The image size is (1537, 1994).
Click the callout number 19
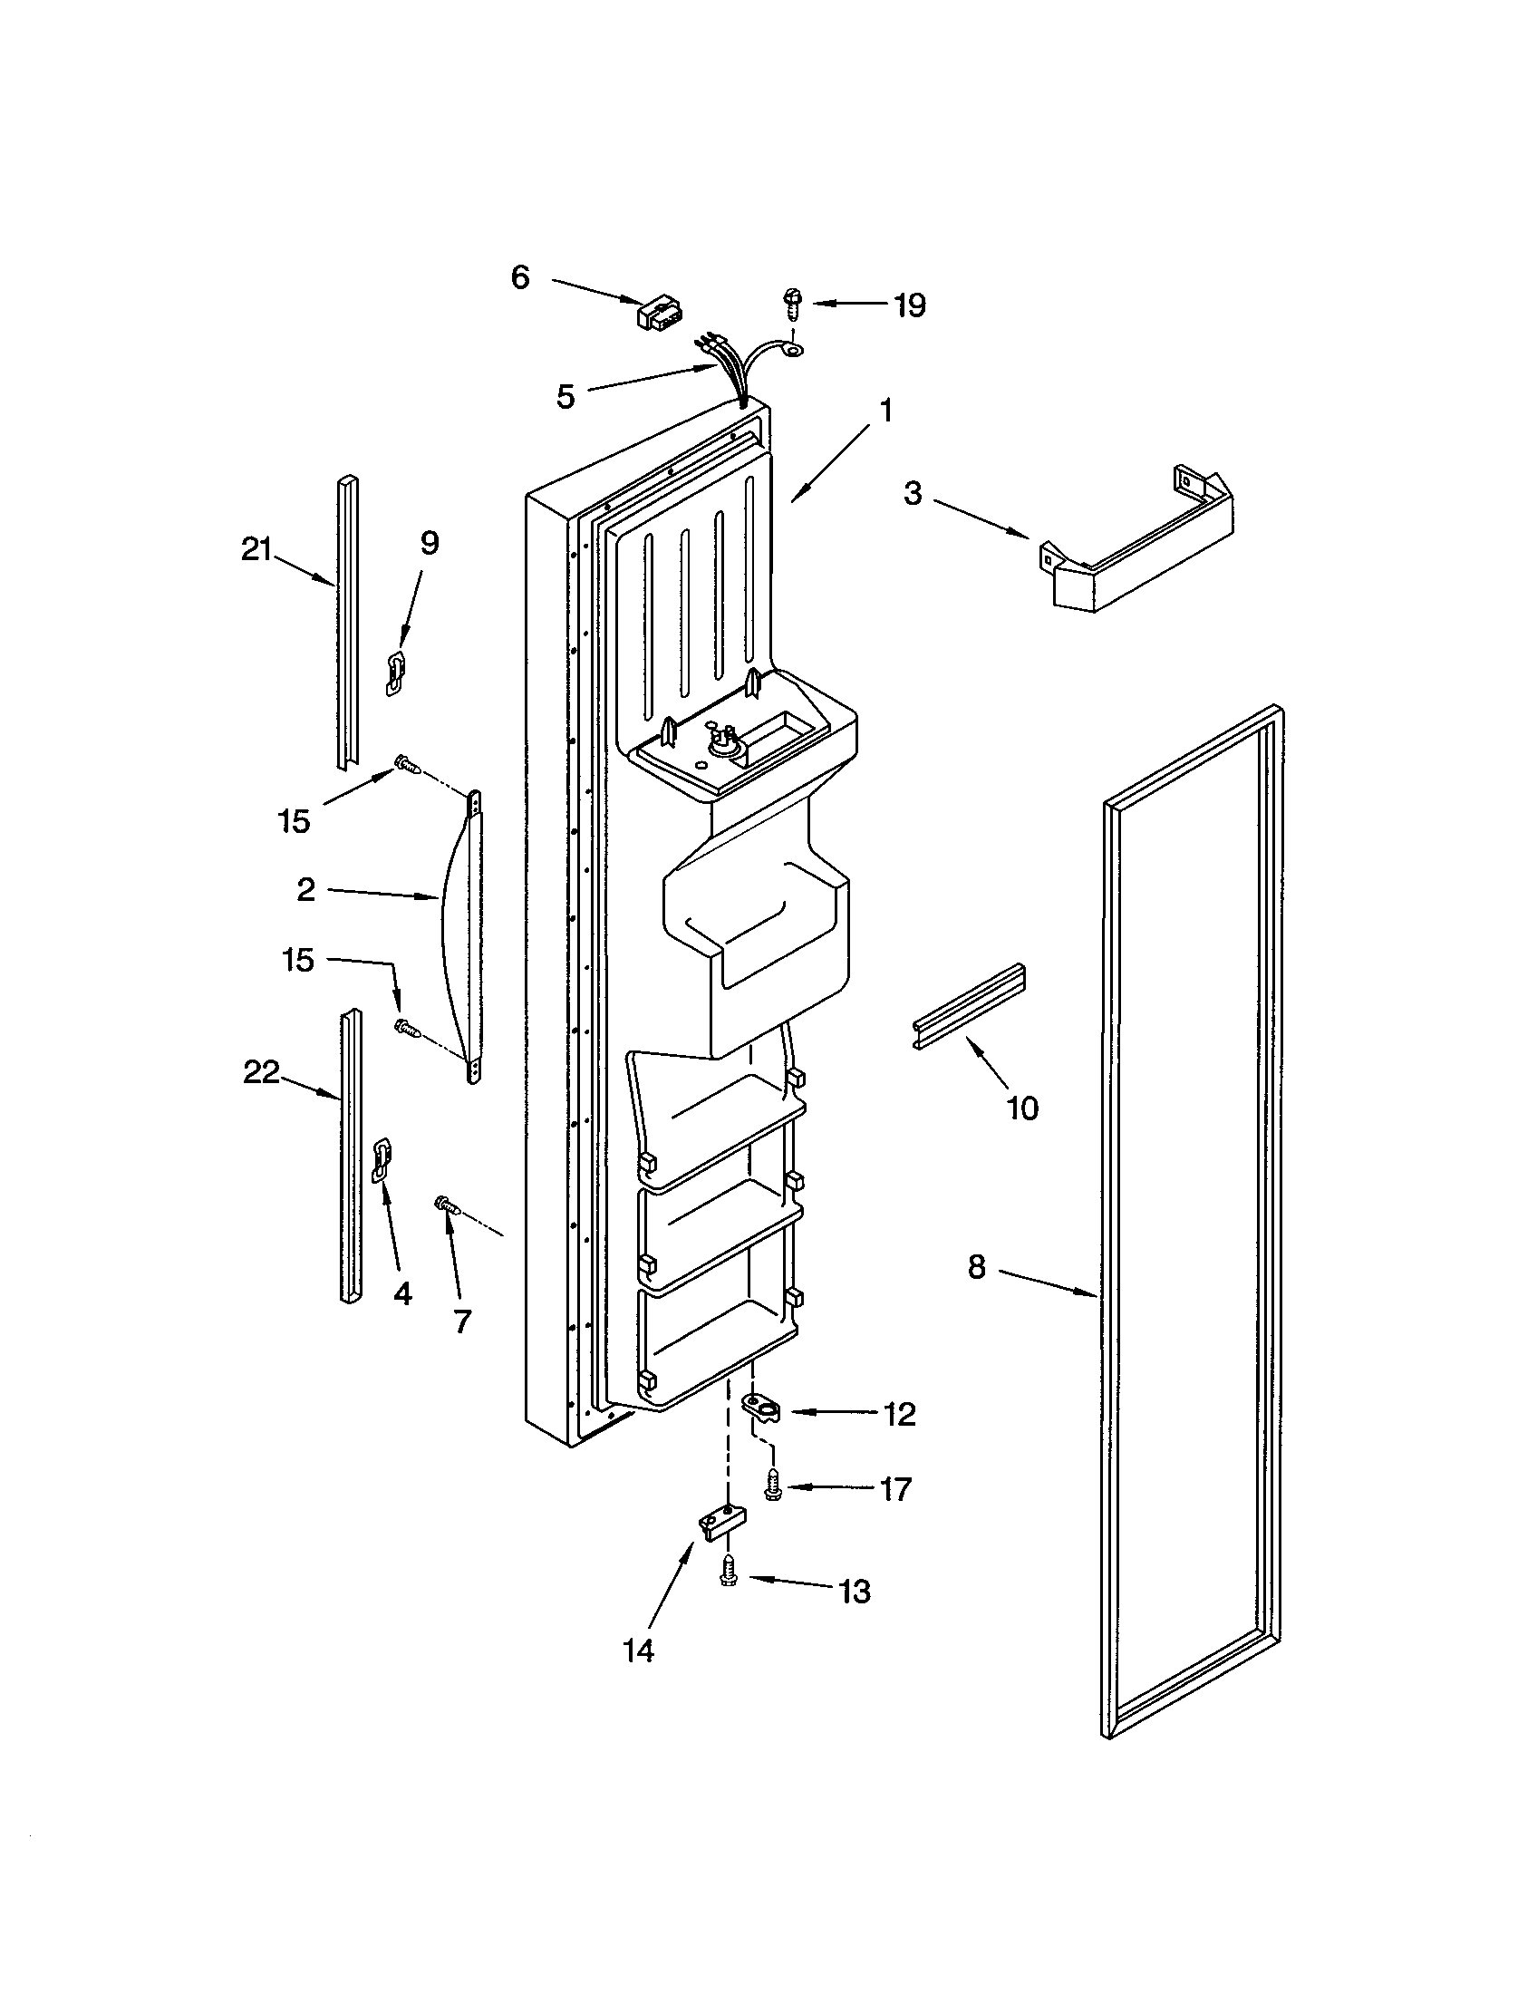tap(910, 305)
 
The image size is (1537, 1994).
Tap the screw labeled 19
tap(790, 302)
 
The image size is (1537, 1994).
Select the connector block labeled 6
tap(660, 314)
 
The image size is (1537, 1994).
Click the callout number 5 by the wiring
tap(565, 396)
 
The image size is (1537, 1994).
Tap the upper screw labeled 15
tap(405, 764)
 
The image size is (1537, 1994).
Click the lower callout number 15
tap(298, 960)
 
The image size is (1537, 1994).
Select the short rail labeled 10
tap(971, 1004)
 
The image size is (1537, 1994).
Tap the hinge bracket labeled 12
tap(763, 1407)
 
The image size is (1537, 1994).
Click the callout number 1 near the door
tap(884, 411)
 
